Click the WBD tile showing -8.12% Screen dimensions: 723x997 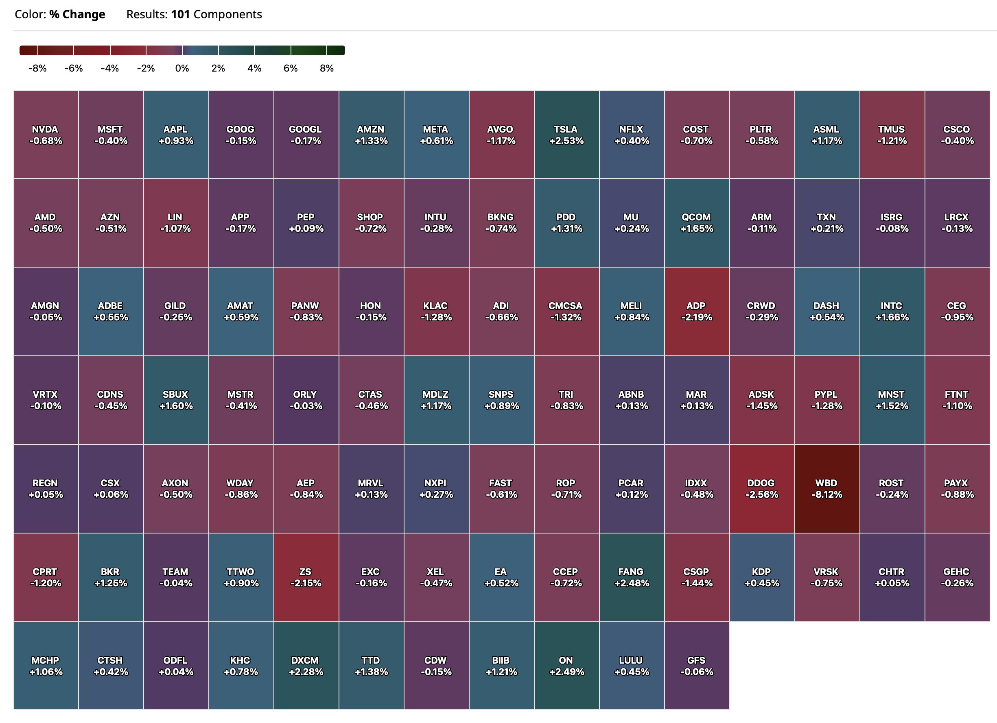point(826,488)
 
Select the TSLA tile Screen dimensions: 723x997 point(566,135)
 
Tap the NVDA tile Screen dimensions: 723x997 point(46,135)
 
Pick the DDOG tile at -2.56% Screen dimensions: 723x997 point(761,488)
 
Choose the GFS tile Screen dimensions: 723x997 point(696,665)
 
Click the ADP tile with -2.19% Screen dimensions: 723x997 point(696,311)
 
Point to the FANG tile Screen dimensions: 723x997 point(631,577)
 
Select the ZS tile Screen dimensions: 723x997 point(306,577)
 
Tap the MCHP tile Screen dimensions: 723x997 point(46,665)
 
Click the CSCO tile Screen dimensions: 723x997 point(957,135)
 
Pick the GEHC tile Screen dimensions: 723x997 point(957,577)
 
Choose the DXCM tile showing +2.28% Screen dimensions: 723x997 point(306,665)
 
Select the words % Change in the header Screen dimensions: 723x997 point(77,15)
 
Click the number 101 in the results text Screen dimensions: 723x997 point(180,15)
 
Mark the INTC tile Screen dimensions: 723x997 point(892,311)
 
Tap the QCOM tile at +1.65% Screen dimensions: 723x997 point(696,223)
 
